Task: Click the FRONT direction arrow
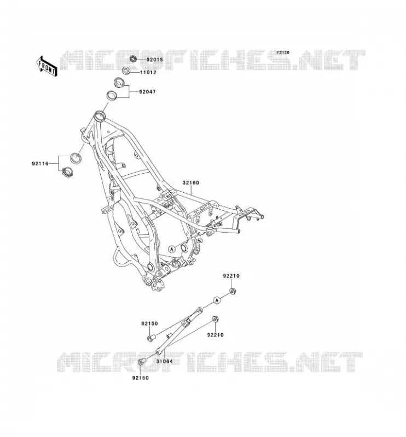(x=47, y=66)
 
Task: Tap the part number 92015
(x=154, y=60)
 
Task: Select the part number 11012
(x=148, y=73)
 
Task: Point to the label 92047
(x=147, y=92)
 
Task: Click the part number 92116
(x=40, y=163)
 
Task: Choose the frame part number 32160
(x=191, y=183)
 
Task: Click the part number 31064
(x=164, y=361)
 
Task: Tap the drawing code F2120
(x=283, y=52)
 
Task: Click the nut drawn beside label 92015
(x=133, y=59)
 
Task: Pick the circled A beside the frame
(x=172, y=249)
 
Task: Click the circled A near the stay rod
(x=217, y=300)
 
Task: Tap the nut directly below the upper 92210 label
(x=233, y=292)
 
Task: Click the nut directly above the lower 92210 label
(x=215, y=320)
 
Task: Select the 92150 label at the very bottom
(x=141, y=378)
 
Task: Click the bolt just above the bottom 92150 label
(x=142, y=362)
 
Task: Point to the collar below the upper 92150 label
(x=152, y=338)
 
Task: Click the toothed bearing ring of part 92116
(x=67, y=172)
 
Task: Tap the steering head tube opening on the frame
(x=99, y=115)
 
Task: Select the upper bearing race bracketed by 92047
(x=120, y=83)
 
